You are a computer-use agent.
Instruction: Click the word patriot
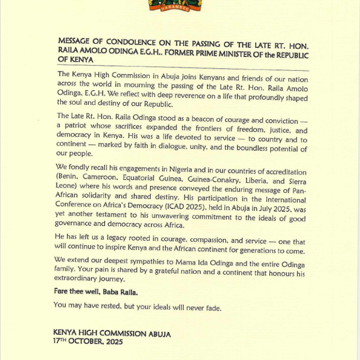point(77,126)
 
